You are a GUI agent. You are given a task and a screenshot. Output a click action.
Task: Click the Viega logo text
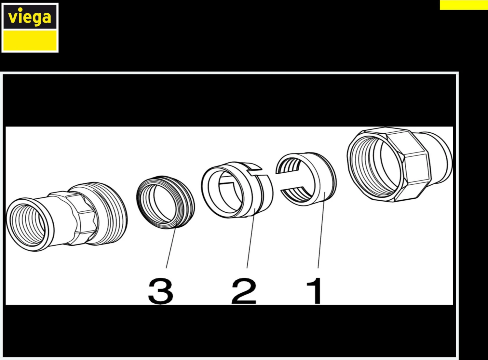tap(30, 17)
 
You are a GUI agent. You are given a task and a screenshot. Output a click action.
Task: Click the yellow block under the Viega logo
tap(30, 41)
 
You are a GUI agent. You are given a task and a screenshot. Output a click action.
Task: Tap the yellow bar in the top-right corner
tap(464, 5)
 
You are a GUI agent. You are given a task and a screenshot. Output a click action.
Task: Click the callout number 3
tap(160, 291)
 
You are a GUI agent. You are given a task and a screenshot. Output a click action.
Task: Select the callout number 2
tap(244, 291)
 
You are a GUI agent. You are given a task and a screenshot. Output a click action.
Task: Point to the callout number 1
tap(315, 290)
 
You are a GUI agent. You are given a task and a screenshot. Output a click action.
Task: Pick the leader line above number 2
tap(250, 241)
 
